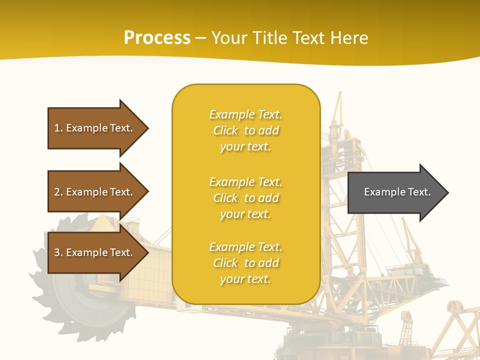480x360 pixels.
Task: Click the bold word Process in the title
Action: point(157,38)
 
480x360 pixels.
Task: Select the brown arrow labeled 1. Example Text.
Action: point(95,128)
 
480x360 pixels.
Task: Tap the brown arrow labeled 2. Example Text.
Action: point(95,192)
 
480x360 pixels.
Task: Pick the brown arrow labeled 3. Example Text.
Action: point(95,252)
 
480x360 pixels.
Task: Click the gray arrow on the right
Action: point(395,192)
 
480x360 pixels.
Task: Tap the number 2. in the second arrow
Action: point(58,192)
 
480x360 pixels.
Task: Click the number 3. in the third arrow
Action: point(58,252)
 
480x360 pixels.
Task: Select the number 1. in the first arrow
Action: point(58,128)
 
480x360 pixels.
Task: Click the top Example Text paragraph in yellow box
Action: point(245,130)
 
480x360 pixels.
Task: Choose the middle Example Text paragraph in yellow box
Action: point(245,198)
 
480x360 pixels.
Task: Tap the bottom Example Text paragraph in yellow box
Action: point(245,263)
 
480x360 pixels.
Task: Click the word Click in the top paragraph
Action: point(225,130)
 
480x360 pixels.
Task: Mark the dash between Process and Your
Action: point(200,38)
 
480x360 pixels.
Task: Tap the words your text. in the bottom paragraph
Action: point(245,279)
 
